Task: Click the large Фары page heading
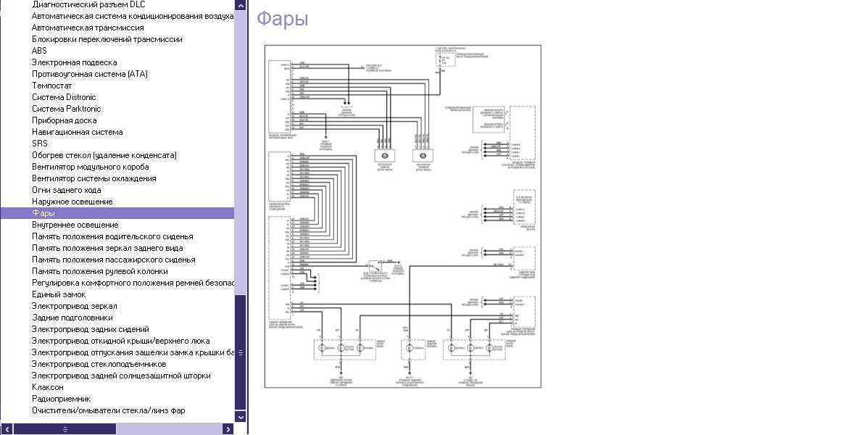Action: [x=282, y=20]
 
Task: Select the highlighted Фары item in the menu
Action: [x=43, y=213]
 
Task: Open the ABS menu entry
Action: [x=39, y=51]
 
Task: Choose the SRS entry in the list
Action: [x=40, y=144]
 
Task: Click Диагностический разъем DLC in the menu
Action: [x=88, y=4]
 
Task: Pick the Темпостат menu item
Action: [x=52, y=86]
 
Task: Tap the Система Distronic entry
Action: [x=64, y=97]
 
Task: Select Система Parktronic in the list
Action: [x=67, y=109]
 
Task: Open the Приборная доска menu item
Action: [x=64, y=120]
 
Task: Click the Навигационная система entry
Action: [x=77, y=132]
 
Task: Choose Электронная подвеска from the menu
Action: [x=74, y=62]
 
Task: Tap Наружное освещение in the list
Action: [x=72, y=202]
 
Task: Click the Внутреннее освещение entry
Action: [x=75, y=225]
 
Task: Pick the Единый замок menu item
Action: [x=58, y=294]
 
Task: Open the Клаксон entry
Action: [x=47, y=387]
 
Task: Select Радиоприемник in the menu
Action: [x=61, y=399]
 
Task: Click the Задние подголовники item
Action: [x=72, y=318]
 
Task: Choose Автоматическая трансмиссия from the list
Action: [x=88, y=28]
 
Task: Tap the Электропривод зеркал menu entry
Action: [x=74, y=306]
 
